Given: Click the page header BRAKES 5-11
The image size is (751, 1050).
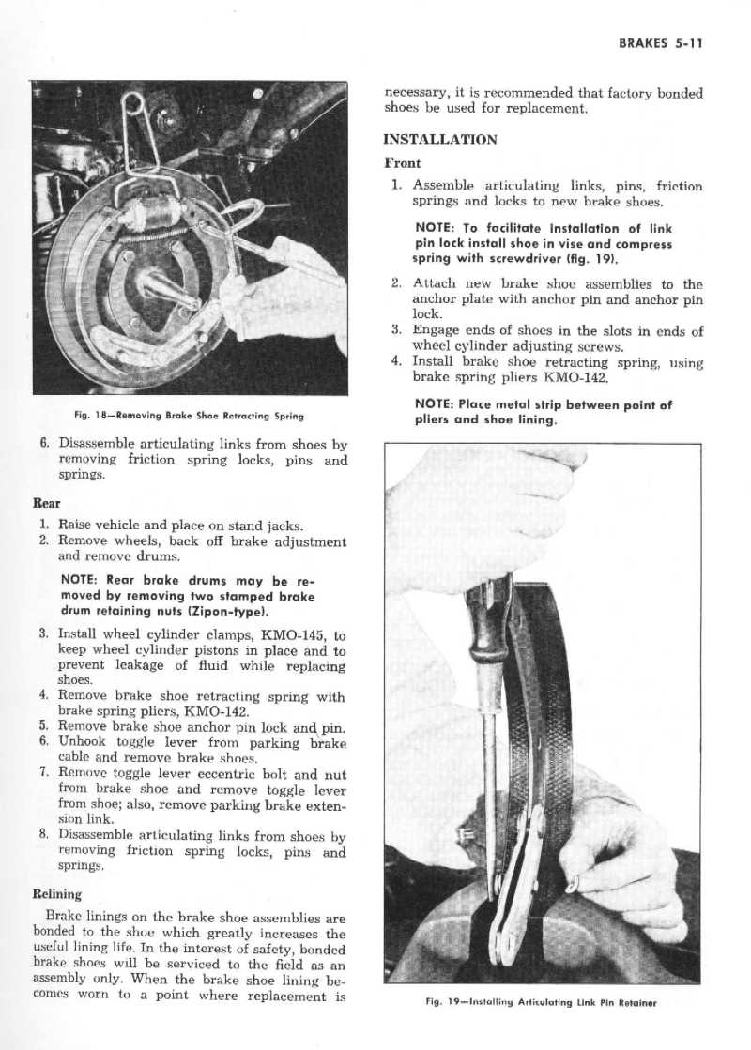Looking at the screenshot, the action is [660, 43].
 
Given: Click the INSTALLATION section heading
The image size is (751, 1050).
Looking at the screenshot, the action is [440, 140].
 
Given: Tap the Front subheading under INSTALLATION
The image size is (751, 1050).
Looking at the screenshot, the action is [402, 162].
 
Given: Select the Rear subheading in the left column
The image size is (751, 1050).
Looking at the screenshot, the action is [46, 504].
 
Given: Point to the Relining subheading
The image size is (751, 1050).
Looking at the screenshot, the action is [57, 894].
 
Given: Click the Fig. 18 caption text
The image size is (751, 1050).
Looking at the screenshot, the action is [189, 416].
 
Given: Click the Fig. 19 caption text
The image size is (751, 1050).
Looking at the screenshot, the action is [542, 1002].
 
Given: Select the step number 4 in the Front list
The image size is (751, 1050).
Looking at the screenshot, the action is [396, 361].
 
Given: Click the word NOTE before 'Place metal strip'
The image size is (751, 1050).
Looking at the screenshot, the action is [434, 404].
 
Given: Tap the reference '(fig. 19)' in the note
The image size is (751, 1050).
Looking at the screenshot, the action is [591, 259].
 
